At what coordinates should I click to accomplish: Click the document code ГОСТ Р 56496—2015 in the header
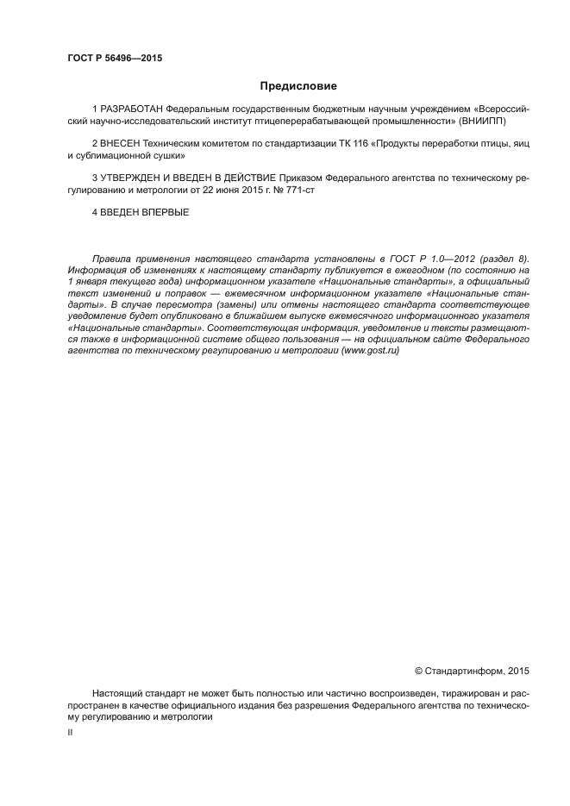coord(115,59)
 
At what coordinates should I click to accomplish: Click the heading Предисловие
coord(298,86)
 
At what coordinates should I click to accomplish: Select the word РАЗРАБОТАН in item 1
coord(131,110)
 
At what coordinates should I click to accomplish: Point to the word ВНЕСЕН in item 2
coord(121,141)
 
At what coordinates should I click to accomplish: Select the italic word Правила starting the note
coord(111,257)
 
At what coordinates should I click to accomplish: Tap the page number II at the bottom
coord(70,732)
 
